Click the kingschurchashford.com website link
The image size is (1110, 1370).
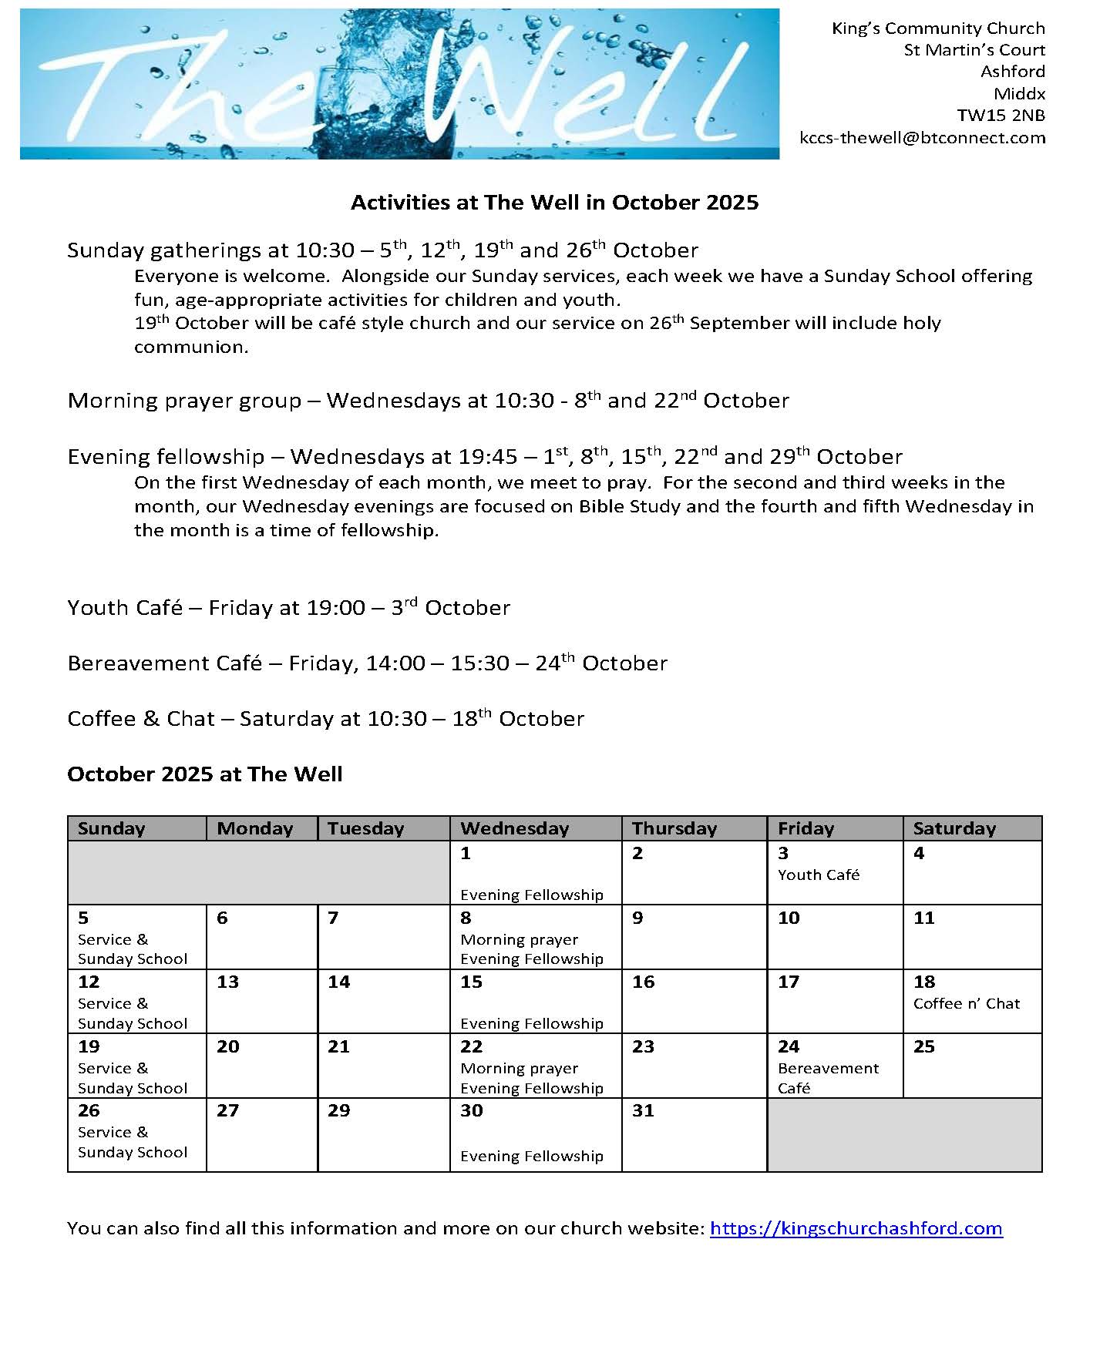click(856, 1228)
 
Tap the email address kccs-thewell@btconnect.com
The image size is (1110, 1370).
click(923, 138)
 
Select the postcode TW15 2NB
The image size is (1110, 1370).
click(1001, 116)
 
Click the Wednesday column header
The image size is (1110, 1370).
click(514, 828)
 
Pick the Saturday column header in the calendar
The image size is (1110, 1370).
click(954, 828)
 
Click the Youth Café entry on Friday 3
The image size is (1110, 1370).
click(819, 875)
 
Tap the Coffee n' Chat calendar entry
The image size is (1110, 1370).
click(966, 1003)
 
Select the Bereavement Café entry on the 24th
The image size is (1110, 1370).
click(828, 1077)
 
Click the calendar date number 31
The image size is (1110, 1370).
click(643, 1110)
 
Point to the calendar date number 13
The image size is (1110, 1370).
click(228, 982)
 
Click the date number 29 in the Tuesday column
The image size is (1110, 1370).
click(338, 1110)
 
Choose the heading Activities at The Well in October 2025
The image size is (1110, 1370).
click(554, 203)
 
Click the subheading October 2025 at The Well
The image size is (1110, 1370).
click(205, 774)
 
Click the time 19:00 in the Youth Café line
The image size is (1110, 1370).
click(335, 608)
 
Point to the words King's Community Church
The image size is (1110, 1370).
click(938, 29)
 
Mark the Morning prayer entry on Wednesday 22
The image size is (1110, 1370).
click(519, 1068)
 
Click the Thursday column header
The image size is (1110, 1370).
click(674, 828)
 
